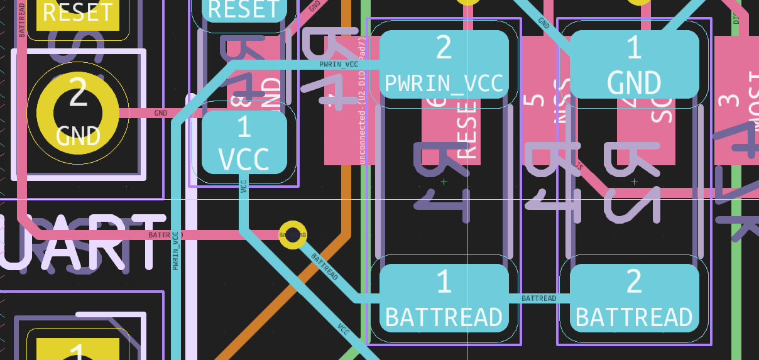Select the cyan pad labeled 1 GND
[634, 64]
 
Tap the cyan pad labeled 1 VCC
[244, 143]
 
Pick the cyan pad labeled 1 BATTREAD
[444, 298]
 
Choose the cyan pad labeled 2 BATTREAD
[634, 298]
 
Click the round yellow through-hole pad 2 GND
[78, 112]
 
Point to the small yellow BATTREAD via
[292, 235]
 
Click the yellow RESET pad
[77, 13]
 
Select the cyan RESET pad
[244, 9]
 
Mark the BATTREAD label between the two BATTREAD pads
[538, 298]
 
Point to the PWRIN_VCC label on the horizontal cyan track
[339, 64]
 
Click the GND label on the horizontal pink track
[161, 113]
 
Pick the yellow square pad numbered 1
[77, 349]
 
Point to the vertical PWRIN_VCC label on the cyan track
[176, 251]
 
